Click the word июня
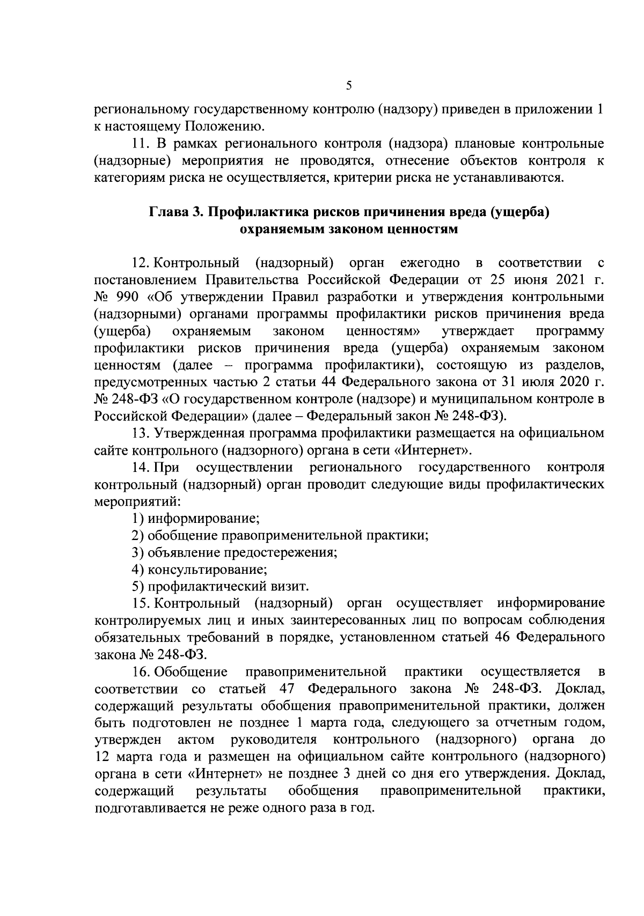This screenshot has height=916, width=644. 523,279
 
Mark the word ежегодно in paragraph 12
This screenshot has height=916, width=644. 430,263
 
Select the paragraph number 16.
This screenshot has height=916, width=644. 141,671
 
